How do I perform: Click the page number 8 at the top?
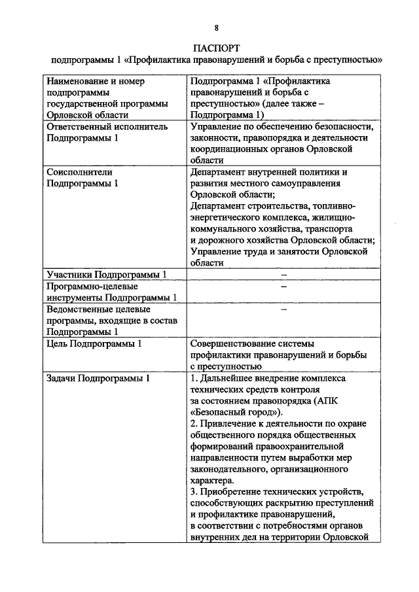216,27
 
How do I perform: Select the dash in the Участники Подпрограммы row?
284,273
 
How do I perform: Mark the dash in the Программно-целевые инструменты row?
284,286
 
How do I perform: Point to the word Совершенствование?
236,343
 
